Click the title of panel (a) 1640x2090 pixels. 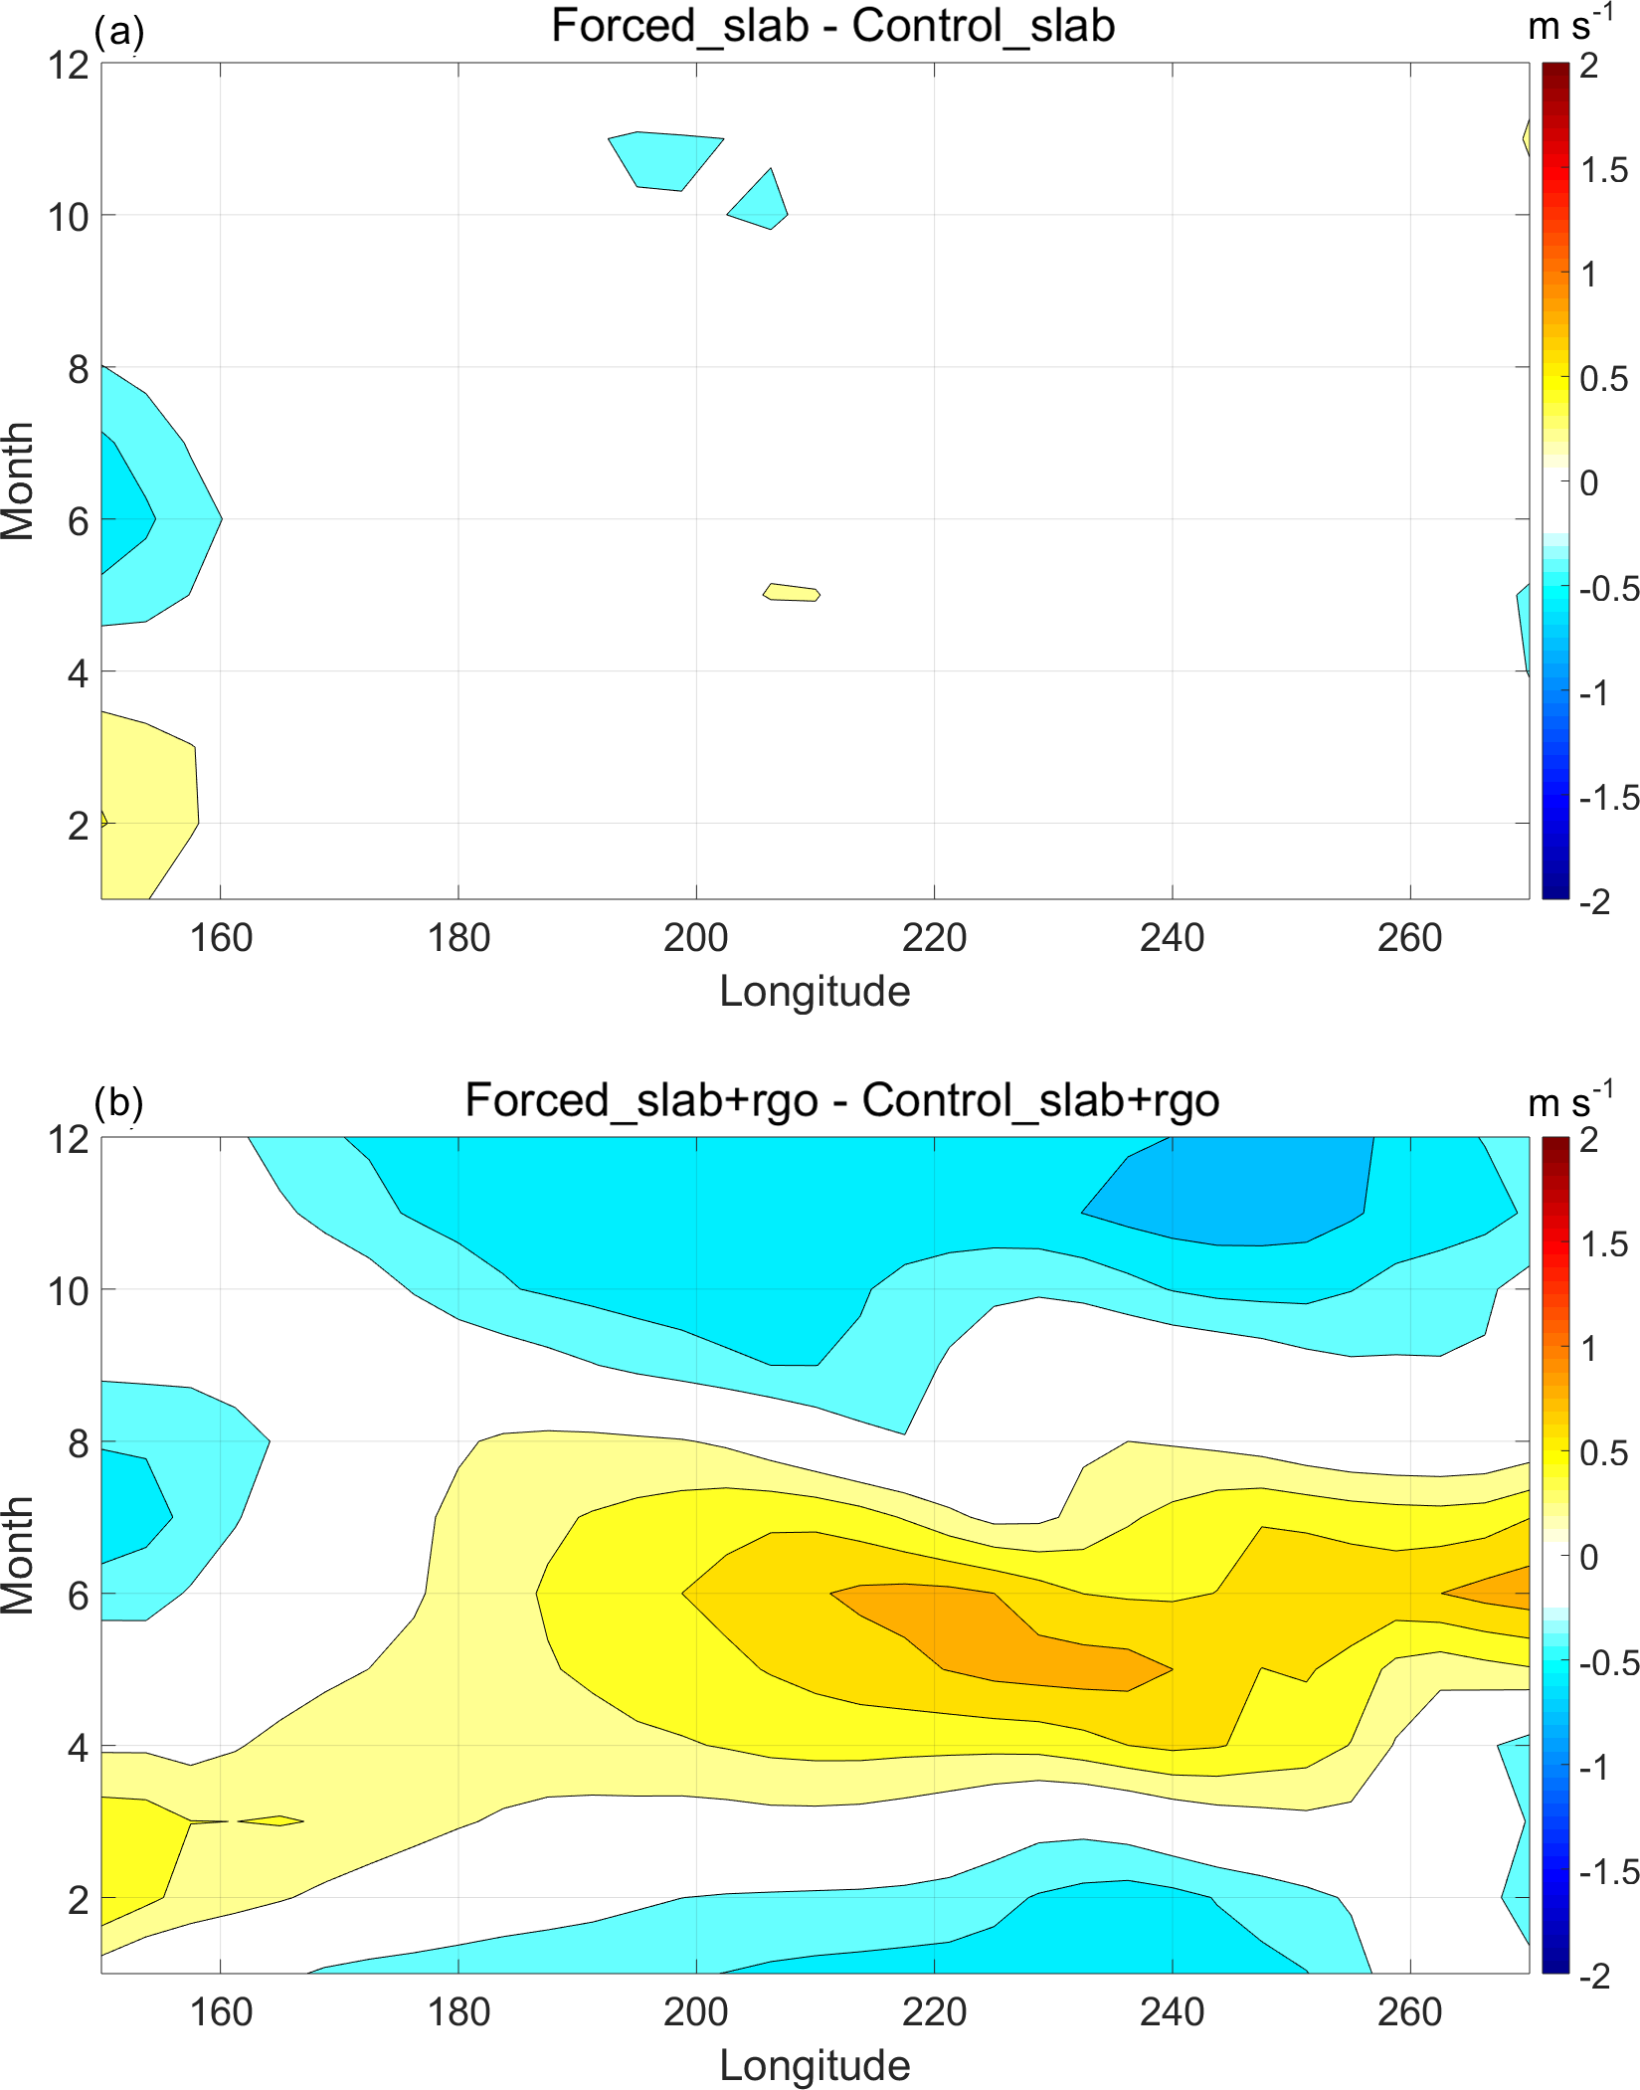pyautogui.click(x=832, y=26)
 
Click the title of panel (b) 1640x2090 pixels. pyautogui.click(x=841, y=1100)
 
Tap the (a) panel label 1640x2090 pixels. pyautogui.click(x=119, y=32)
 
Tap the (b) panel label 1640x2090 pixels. pyautogui.click(x=119, y=1102)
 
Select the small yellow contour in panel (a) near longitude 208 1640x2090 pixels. pyautogui.click(x=792, y=593)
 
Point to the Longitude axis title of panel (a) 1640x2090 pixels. pyautogui.click(x=815, y=992)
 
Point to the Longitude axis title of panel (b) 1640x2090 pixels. pyautogui.click(x=815, y=2066)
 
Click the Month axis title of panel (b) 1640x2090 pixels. pyautogui.click(x=18, y=1555)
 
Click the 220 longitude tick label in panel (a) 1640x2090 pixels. pyautogui.click(x=934, y=938)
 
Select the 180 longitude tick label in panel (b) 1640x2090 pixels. pyautogui.click(x=458, y=2012)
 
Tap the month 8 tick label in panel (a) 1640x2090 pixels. pyautogui.click(x=79, y=370)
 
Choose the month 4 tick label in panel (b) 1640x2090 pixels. pyautogui.click(x=79, y=1748)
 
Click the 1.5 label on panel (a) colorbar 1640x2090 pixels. pyautogui.click(x=1604, y=170)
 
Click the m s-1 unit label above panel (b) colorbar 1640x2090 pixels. pyautogui.click(x=1570, y=1102)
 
